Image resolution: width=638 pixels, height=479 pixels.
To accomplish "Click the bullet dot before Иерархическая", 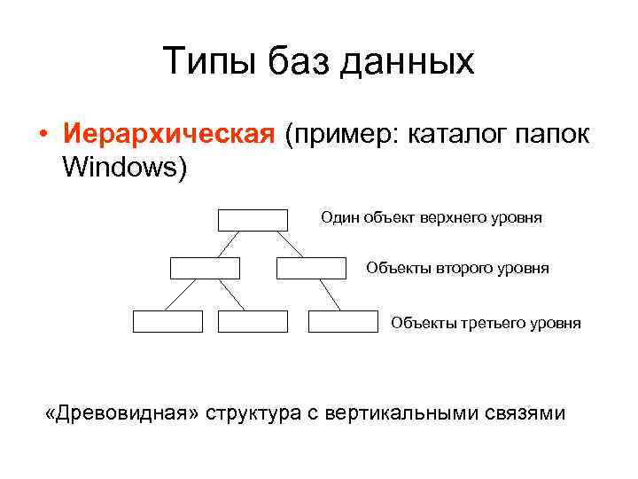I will click(x=42, y=136).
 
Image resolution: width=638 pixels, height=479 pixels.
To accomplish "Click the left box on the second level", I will click(x=205, y=268).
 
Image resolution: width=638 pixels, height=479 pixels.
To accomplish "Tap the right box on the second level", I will click(x=311, y=268).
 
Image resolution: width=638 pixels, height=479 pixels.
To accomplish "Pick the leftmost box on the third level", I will click(x=167, y=321).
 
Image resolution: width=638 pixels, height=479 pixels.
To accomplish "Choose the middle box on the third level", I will click(x=253, y=321).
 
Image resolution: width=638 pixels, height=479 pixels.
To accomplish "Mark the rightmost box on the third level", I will click(x=343, y=321).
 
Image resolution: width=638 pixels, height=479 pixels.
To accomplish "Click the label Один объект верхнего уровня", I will click(x=431, y=218).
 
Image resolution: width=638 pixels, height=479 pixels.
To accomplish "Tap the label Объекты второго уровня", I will click(x=457, y=268).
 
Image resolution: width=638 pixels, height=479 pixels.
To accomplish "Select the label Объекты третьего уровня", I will click(x=486, y=323).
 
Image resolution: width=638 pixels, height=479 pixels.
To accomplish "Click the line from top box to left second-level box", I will click(x=230, y=244).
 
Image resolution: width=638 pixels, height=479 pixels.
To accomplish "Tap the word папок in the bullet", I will click(x=556, y=136).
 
